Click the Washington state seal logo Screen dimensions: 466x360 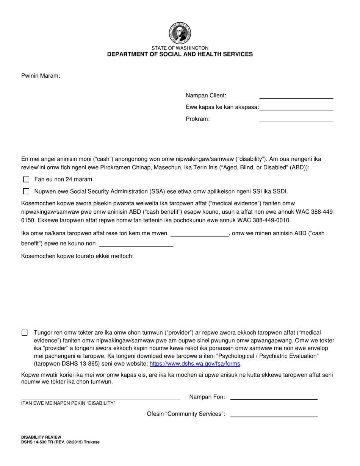(180, 33)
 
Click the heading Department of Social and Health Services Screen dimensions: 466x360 (180, 54)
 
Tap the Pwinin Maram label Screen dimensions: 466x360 (41, 76)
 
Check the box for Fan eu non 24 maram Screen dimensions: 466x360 (26, 179)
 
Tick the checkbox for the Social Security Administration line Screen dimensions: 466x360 (26, 191)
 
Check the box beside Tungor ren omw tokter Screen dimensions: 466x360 (25, 333)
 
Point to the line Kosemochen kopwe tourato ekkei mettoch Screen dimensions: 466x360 (77, 256)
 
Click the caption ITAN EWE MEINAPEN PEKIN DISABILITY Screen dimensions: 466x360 (68, 403)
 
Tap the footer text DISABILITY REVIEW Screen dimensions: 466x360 (41, 437)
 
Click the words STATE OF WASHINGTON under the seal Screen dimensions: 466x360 (180, 48)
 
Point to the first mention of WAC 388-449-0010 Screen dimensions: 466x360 (262, 220)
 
